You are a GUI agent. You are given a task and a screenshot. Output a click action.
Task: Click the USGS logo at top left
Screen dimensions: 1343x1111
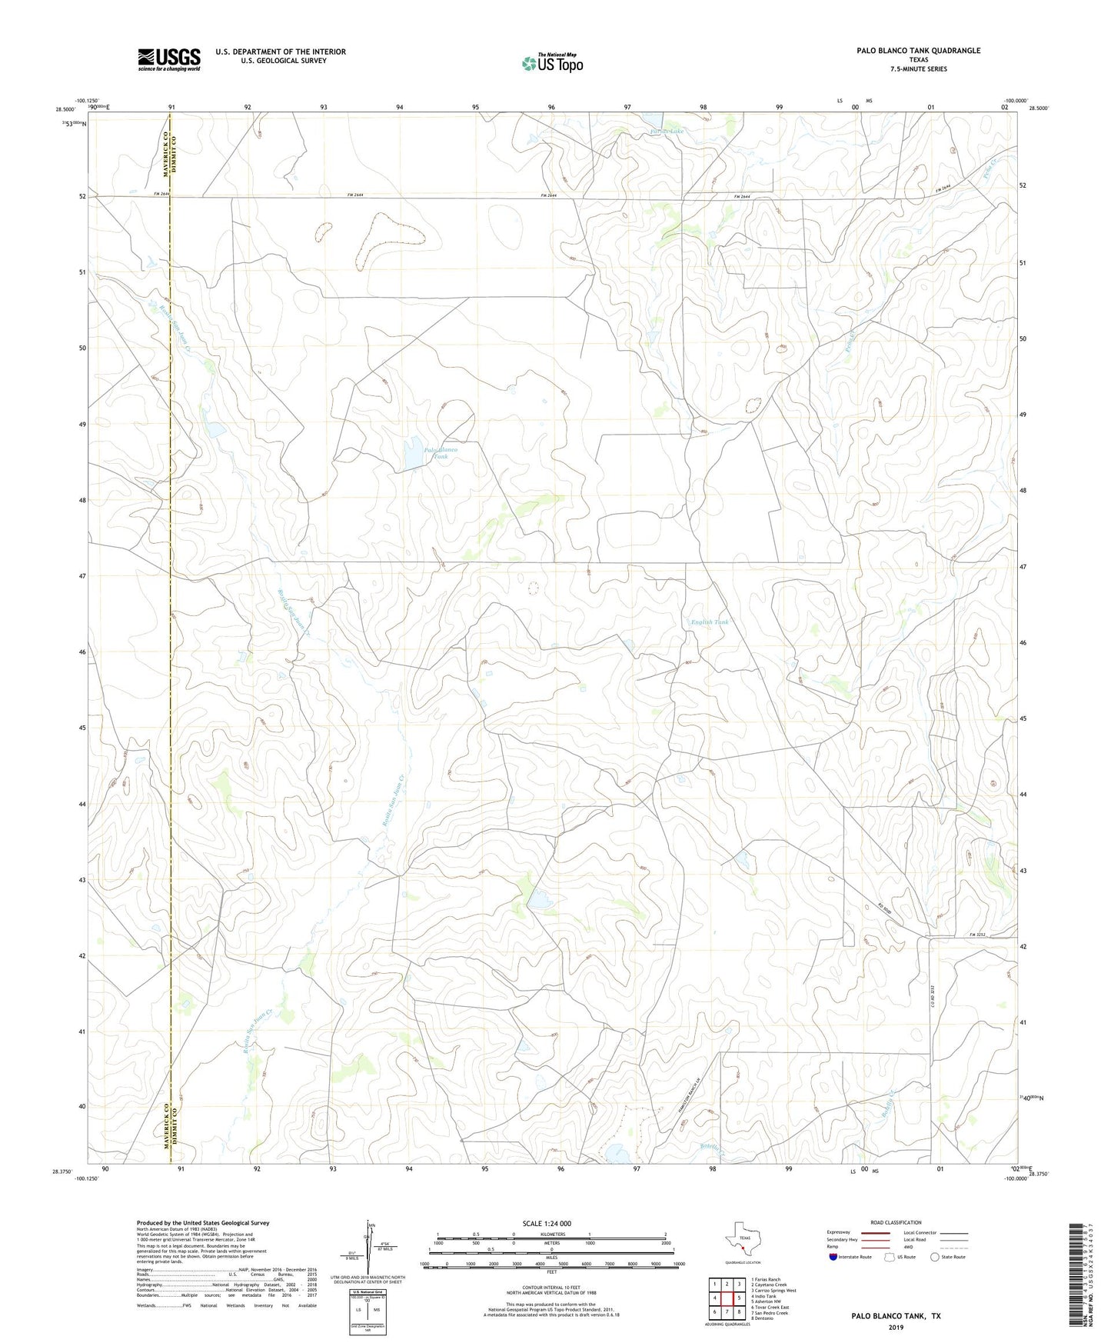pyautogui.click(x=169, y=59)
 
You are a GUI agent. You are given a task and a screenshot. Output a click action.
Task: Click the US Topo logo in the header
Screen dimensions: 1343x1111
pyautogui.click(x=552, y=63)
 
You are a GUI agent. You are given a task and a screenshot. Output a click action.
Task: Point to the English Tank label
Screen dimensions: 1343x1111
pyautogui.click(x=709, y=622)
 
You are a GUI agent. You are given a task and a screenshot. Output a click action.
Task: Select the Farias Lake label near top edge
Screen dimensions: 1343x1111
pyautogui.click(x=666, y=132)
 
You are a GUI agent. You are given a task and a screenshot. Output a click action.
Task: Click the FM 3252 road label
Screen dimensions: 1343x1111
pyautogui.click(x=976, y=935)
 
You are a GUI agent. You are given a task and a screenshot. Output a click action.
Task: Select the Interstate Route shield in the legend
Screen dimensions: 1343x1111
pyautogui.click(x=833, y=1257)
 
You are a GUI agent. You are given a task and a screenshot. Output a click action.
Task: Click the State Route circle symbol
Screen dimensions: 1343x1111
pyautogui.click(x=935, y=1257)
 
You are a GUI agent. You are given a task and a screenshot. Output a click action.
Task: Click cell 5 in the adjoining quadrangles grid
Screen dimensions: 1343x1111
pyautogui.click(x=739, y=1298)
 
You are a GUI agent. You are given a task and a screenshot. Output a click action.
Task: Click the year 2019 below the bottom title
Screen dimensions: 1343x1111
pyautogui.click(x=896, y=1328)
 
